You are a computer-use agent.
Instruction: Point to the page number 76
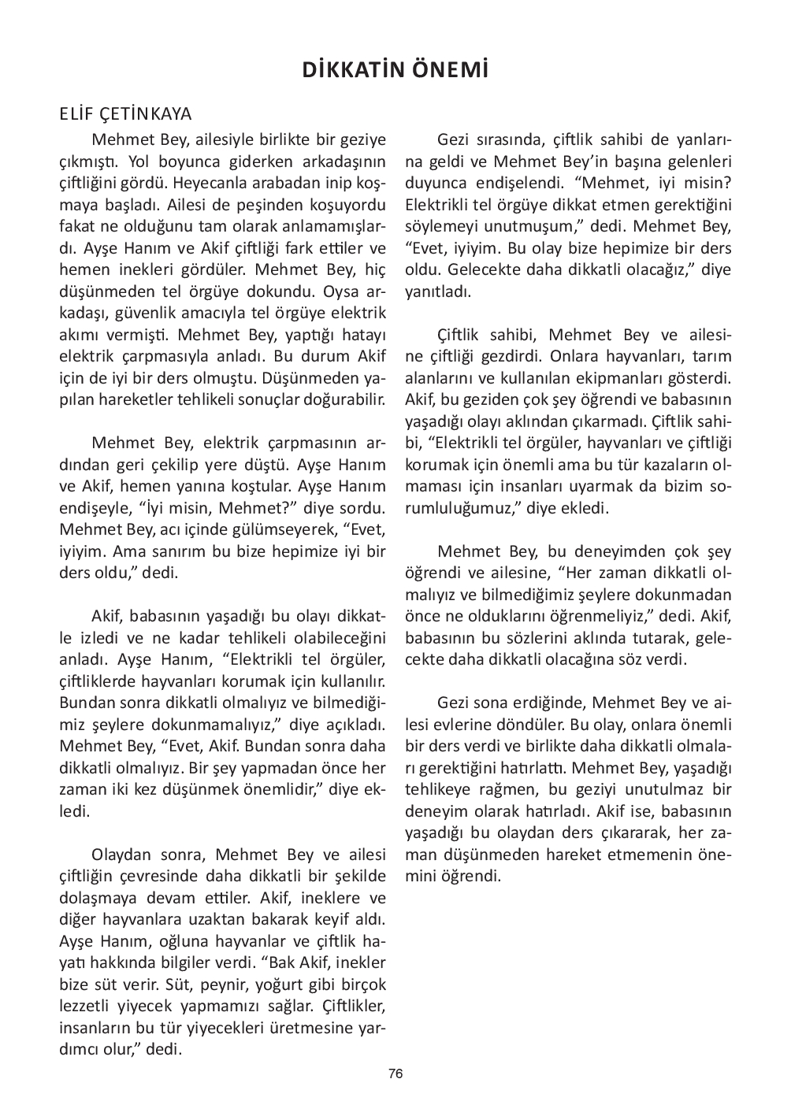point(395,1073)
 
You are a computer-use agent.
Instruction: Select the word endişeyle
point(95,506)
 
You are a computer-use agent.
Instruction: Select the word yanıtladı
point(439,291)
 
